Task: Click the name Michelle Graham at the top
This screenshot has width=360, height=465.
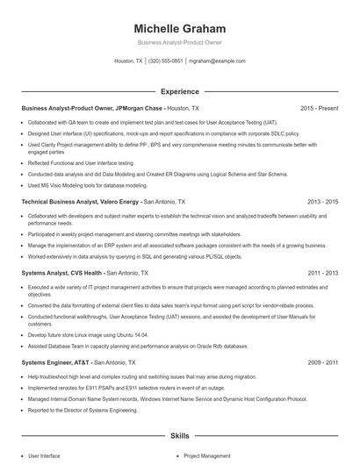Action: [x=179, y=28]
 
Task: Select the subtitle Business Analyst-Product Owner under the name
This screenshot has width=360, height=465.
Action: [x=179, y=43]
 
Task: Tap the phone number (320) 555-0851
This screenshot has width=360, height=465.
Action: [x=166, y=61]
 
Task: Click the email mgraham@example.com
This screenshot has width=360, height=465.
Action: [x=217, y=61]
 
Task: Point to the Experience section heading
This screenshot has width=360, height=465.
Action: [x=179, y=91]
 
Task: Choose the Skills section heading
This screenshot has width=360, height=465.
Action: [x=179, y=435]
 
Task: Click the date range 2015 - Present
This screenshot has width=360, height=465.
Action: [x=319, y=108]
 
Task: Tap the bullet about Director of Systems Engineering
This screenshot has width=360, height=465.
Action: [x=83, y=410]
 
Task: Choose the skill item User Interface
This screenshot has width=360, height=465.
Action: [x=44, y=456]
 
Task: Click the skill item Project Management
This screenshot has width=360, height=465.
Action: [x=206, y=456]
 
